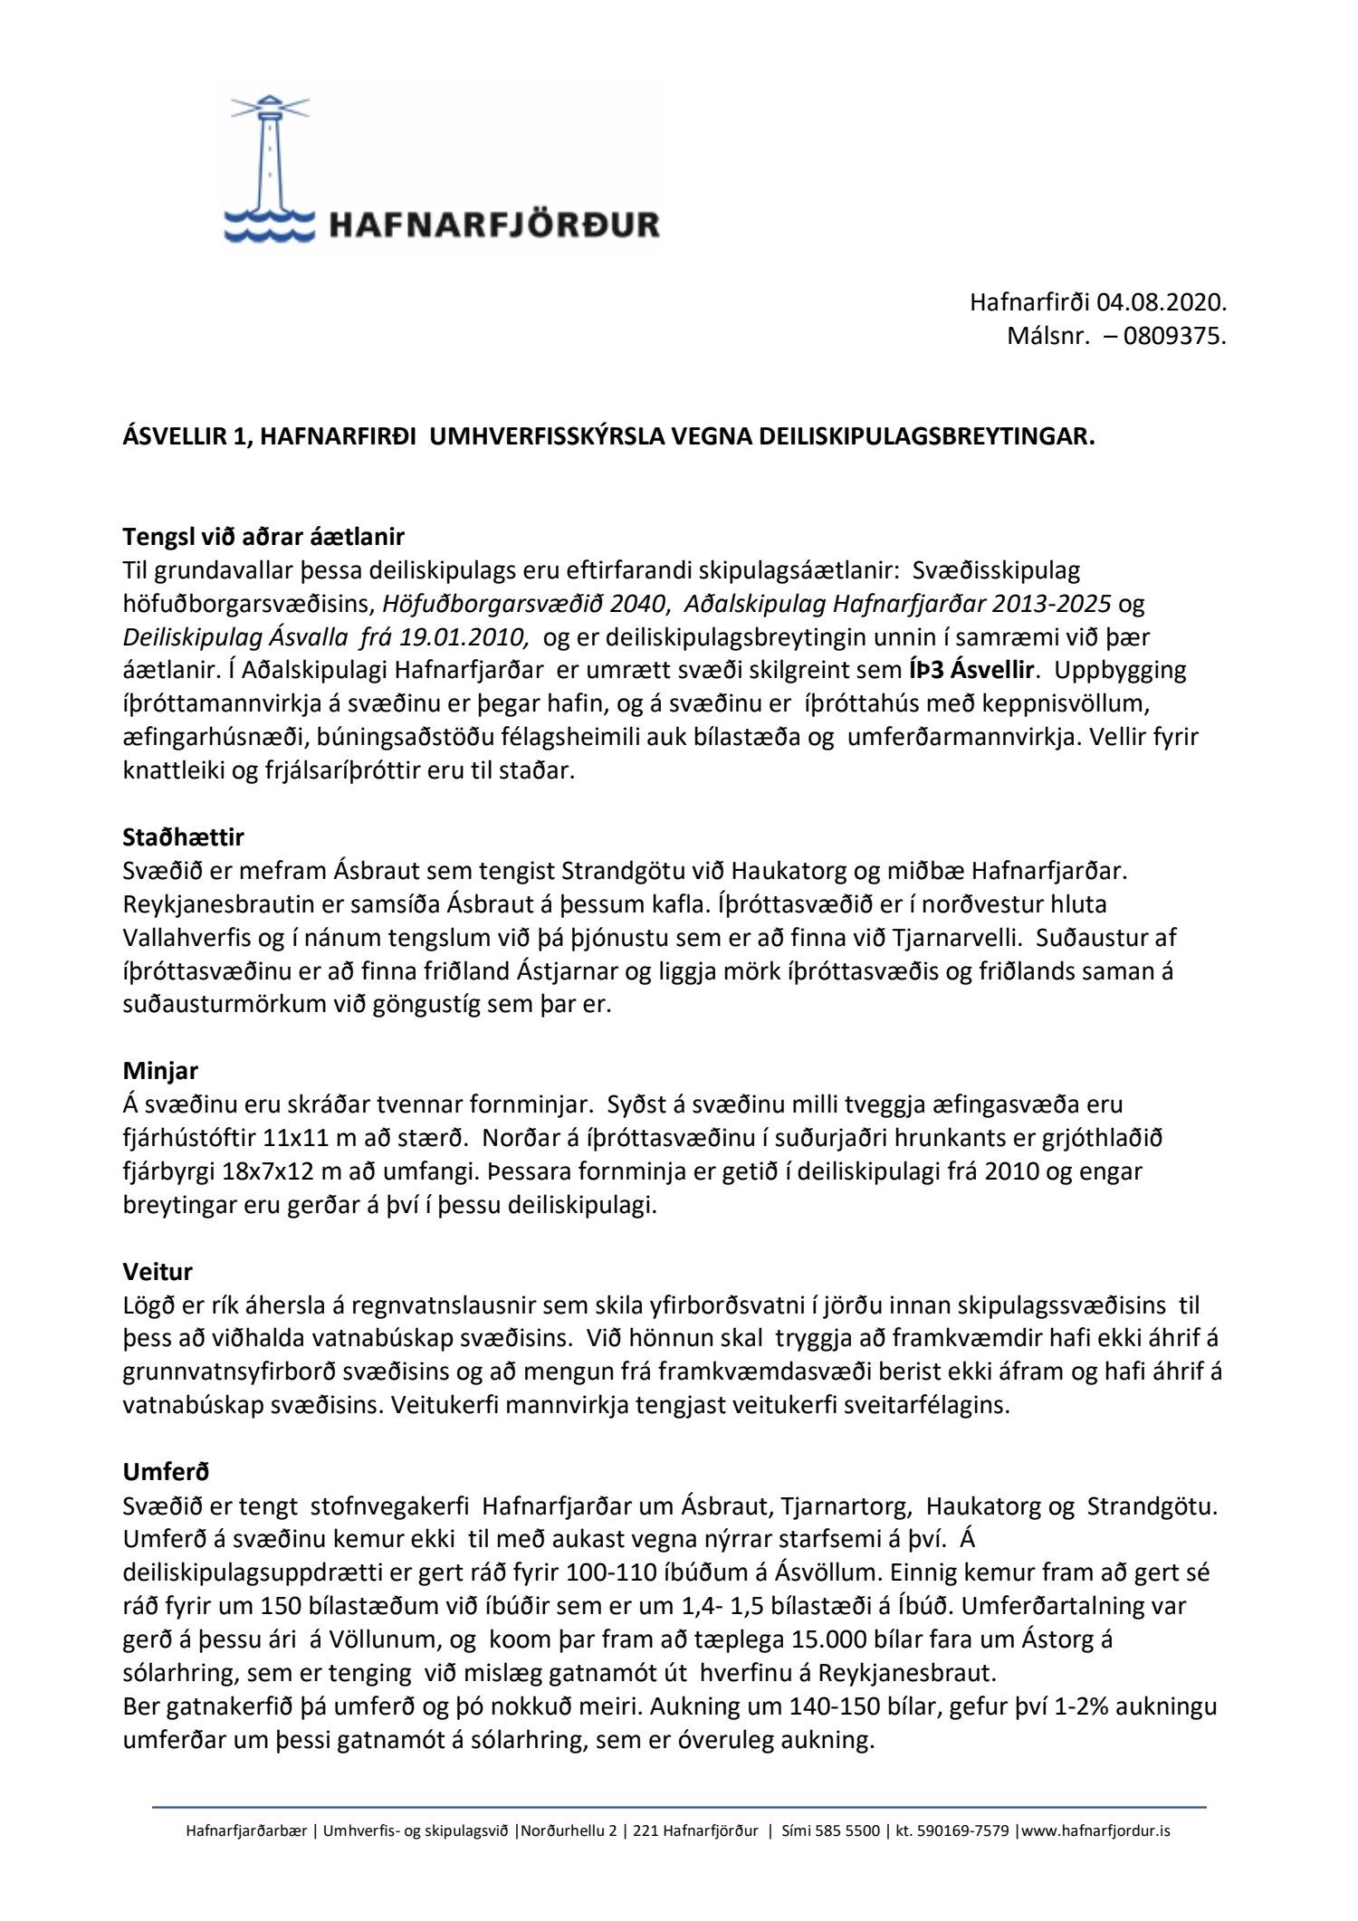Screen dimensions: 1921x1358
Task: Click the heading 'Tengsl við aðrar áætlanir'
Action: click(263, 537)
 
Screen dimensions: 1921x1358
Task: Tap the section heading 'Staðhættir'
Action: click(184, 837)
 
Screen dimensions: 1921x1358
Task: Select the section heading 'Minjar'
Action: click(160, 1071)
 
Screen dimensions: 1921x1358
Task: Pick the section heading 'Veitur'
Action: click(158, 1272)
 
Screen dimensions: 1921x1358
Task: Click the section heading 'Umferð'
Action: click(166, 1473)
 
